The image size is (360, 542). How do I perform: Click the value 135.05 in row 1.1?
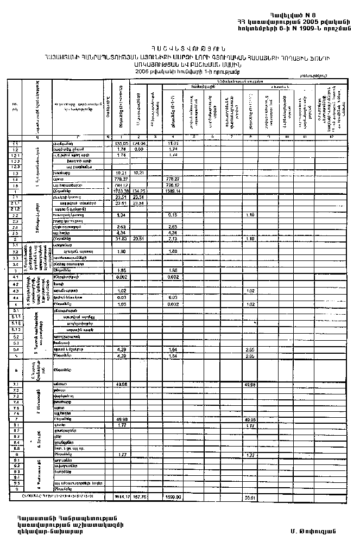click(121, 143)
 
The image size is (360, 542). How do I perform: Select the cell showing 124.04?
click(139, 143)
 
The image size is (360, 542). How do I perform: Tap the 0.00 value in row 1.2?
click(138, 149)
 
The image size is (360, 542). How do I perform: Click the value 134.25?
click(139, 191)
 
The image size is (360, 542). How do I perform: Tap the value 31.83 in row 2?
click(121, 239)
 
